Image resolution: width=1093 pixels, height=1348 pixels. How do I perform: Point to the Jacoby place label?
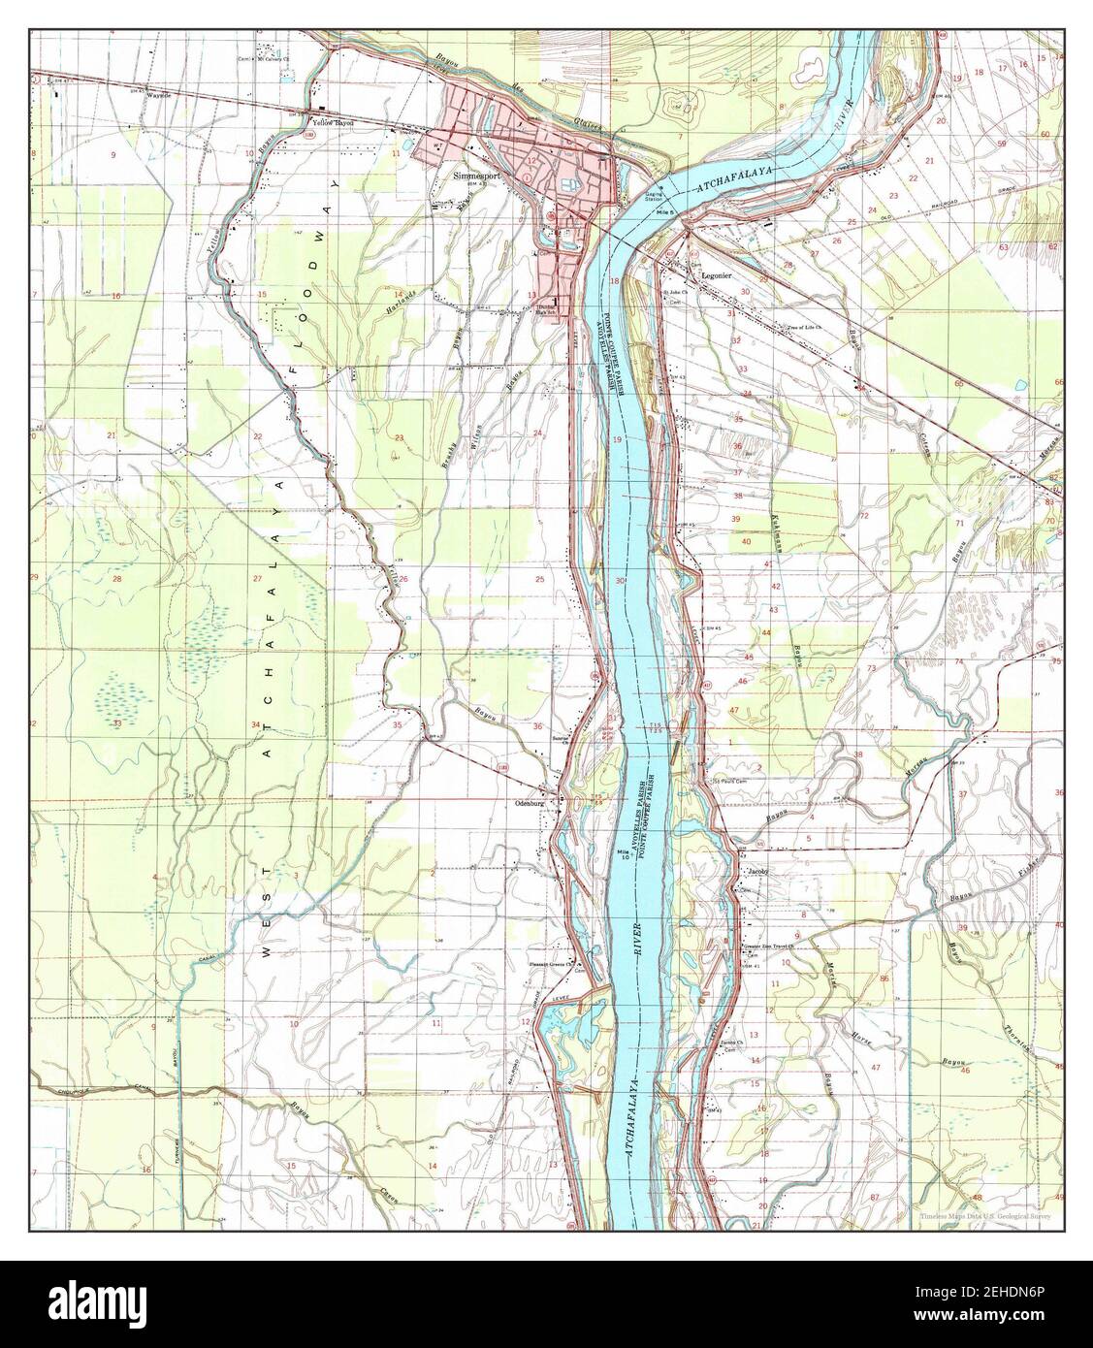point(756,872)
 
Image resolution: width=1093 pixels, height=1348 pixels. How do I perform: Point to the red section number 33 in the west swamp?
point(117,722)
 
